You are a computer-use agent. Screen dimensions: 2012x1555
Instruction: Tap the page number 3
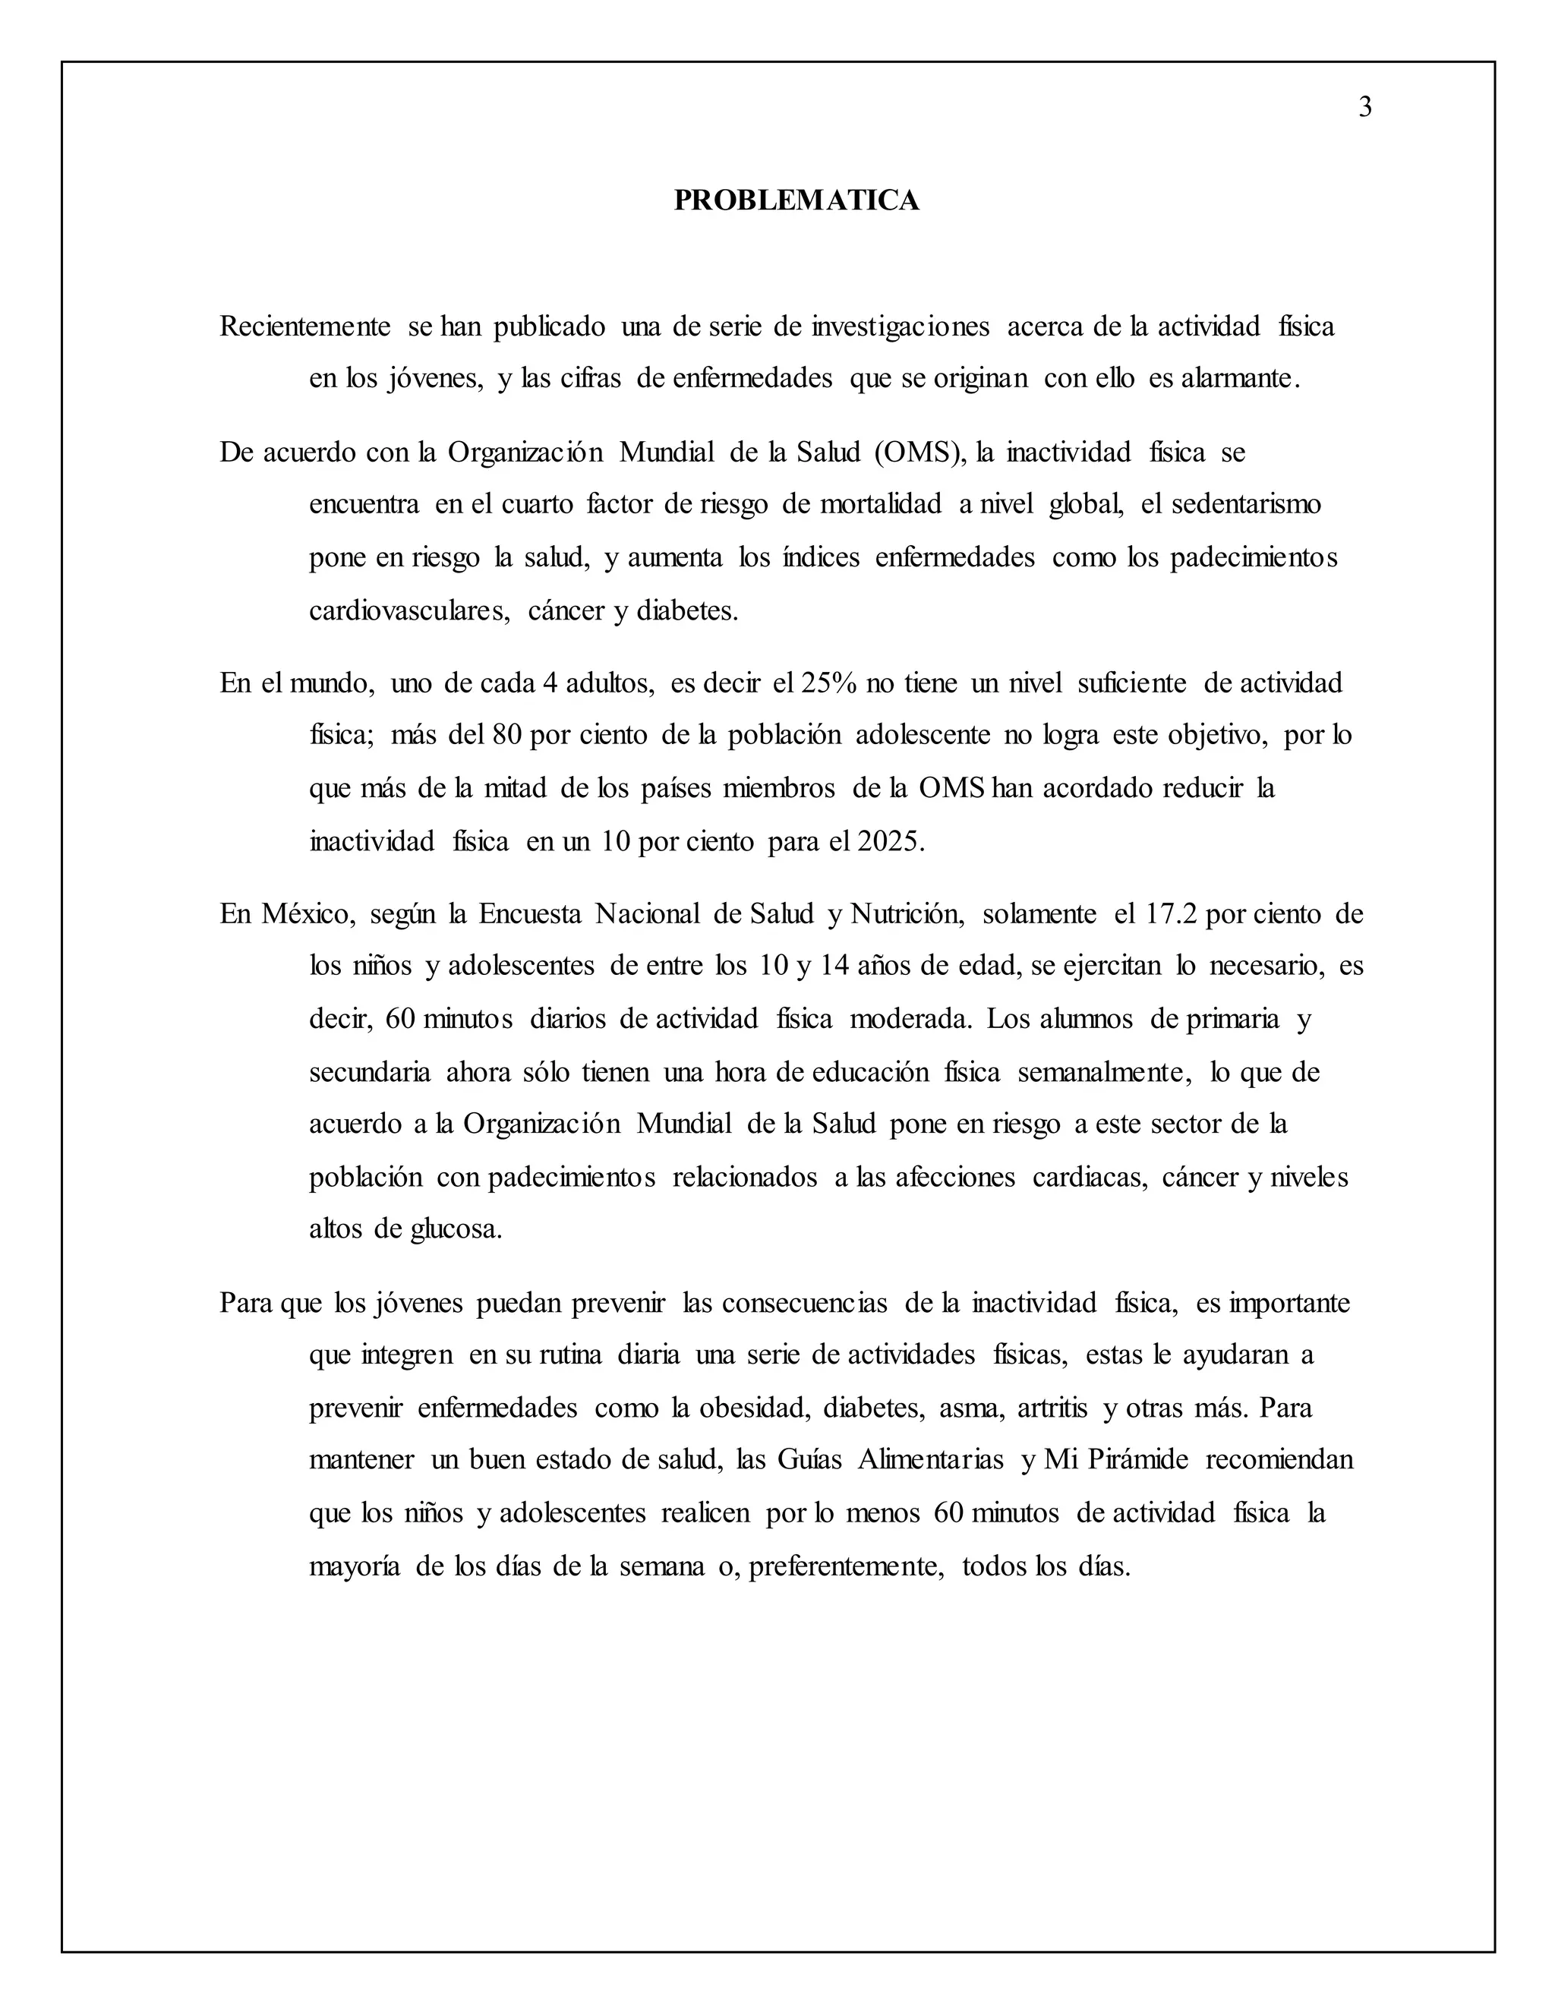pos(1365,108)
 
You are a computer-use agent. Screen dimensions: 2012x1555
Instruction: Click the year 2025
pos(889,841)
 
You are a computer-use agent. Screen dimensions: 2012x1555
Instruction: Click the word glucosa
pos(455,1230)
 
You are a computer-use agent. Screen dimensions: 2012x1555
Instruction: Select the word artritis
pos(1052,1408)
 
